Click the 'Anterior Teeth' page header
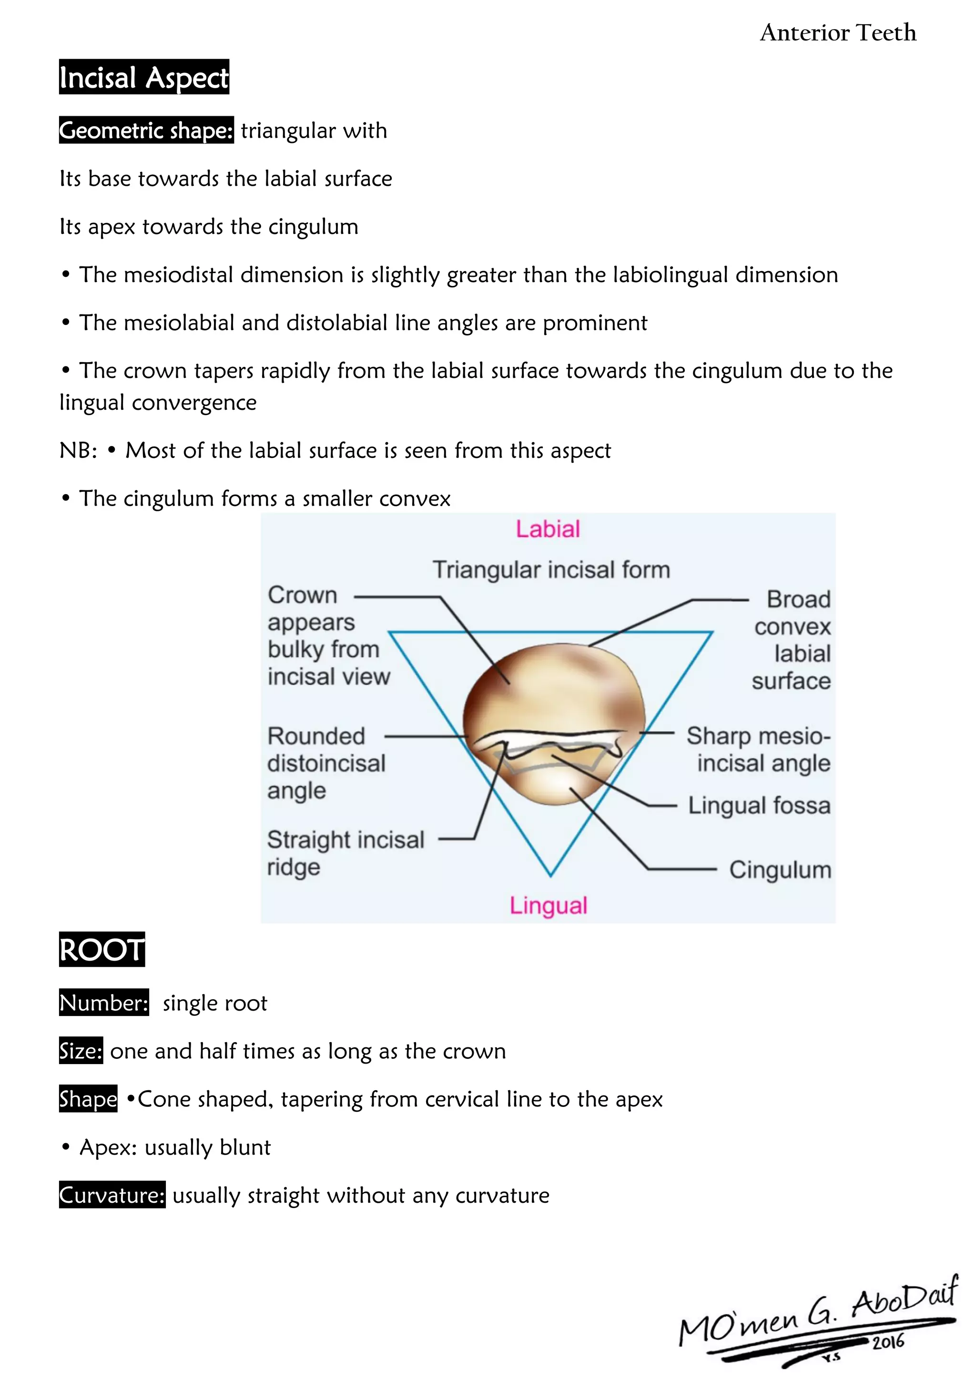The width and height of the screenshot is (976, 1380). click(838, 32)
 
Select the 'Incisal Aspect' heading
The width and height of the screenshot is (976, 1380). click(143, 78)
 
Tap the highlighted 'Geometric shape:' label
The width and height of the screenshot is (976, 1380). click(146, 131)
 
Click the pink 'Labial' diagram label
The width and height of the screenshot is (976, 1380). click(548, 529)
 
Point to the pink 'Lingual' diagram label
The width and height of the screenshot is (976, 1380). click(548, 905)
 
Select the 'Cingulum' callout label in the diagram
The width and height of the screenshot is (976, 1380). click(780, 870)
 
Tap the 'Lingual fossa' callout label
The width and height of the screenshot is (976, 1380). click(759, 805)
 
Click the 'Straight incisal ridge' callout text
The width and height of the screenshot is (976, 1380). click(346, 853)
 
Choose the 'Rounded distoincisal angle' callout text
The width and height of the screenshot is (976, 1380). click(326, 763)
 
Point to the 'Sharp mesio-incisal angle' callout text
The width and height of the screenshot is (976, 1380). click(758, 750)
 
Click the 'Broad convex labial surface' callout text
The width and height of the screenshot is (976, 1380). click(792, 640)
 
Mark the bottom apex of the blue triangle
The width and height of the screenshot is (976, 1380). click(550, 875)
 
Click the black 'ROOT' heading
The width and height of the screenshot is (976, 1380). click(102, 950)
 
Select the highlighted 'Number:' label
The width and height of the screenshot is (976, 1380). click(104, 1003)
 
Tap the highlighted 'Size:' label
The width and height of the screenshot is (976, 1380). click(81, 1051)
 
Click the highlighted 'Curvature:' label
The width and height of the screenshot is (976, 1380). click(112, 1196)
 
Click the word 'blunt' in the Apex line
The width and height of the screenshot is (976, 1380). click(245, 1147)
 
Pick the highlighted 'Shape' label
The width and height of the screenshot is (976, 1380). click(88, 1099)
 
